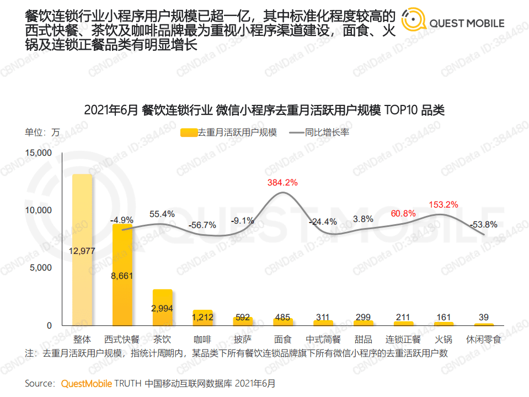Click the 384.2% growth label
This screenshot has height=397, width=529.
pos(282,182)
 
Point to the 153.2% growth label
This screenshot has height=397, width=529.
pos(443,205)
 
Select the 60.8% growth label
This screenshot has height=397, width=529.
pos(403,213)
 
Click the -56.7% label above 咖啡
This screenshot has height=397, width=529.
pos(202,225)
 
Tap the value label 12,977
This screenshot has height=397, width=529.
pos(82,251)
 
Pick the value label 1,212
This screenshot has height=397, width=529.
pos(202,317)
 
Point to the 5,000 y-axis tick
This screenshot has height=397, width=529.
pos(40,268)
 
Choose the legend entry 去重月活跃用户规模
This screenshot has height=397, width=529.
pos(229,133)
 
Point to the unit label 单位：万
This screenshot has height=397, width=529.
pos(42,133)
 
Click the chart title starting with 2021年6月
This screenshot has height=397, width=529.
pos(264,110)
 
